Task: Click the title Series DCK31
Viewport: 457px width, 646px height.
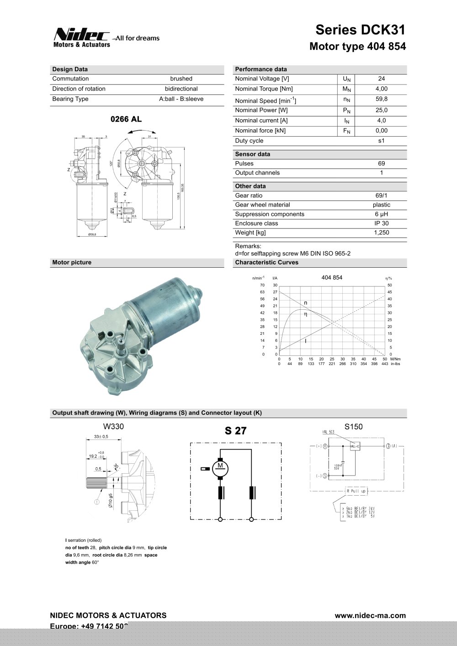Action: coord(360,30)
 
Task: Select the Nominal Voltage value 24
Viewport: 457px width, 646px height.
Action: coord(381,79)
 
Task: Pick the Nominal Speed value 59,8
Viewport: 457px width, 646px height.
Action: coord(381,99)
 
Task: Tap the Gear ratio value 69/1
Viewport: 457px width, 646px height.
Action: coord(381,196)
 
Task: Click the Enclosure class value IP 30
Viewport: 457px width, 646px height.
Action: coord(381,223)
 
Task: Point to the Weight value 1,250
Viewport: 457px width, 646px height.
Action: coord(381,233)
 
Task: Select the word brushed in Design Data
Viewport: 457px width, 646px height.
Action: coord(181,79)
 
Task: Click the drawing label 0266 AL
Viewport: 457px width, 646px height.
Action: coord(126,119)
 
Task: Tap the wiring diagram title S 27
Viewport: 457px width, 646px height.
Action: coord(235,431)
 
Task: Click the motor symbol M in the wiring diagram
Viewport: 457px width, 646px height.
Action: coord(220,466)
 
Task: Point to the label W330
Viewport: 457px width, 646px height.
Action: coord(113,426)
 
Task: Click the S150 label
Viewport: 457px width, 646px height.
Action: coord(353,426)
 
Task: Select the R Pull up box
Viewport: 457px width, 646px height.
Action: coord(356,491)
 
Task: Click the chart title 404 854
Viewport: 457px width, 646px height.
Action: coord(332,277)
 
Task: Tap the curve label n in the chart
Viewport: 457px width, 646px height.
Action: coord(306,303)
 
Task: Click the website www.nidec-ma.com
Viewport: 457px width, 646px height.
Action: coord(370,615)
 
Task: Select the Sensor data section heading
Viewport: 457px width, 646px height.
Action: coord(252,154)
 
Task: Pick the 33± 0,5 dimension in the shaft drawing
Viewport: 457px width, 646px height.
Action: coord(101,436)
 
